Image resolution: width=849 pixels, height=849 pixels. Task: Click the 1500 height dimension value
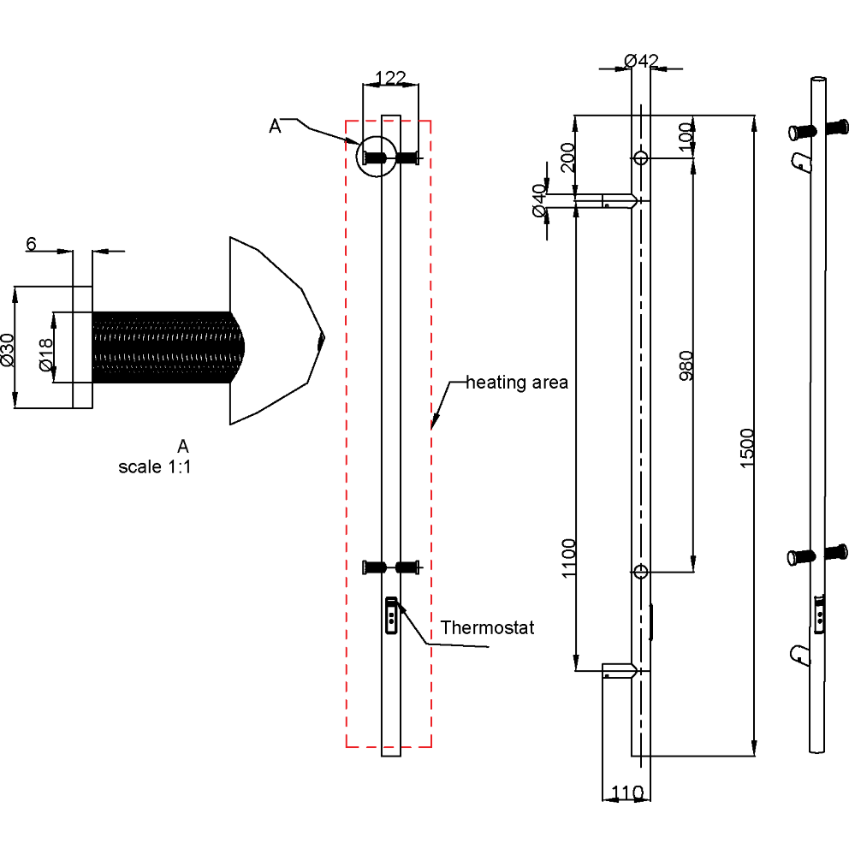[746, 448]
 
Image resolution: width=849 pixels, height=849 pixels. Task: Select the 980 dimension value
[686, 365]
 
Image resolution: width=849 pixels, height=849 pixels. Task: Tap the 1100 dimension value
[568, 558]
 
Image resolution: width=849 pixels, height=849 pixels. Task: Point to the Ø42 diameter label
[641, 61]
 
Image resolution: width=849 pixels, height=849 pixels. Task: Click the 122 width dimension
[390, 78]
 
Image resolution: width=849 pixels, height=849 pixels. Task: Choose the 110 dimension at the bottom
[627, 793]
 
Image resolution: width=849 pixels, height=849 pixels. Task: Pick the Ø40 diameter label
[538, 200]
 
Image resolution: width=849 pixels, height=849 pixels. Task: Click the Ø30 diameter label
[8, 350]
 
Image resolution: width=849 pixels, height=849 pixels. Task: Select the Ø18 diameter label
[46, 354]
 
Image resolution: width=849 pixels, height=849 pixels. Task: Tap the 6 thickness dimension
[31, 244]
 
